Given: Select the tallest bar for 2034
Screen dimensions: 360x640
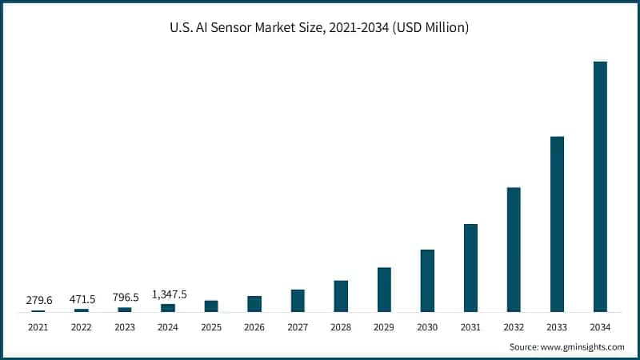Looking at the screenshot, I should tap(600, 186).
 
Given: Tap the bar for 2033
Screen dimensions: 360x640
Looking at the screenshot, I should tap(557, 224).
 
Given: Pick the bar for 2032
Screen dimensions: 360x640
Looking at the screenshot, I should tap(514, 250).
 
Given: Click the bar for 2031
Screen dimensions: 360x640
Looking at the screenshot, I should tap(470, 268).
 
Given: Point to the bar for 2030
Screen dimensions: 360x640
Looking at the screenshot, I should tap(427, 281).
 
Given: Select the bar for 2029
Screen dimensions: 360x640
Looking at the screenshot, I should tap(384, 290).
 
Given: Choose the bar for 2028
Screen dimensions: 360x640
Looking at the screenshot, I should tap(341, 296).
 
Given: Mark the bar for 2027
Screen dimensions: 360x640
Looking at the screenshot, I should tap(298, 301).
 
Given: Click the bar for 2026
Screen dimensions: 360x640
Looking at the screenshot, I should tap(254, 304).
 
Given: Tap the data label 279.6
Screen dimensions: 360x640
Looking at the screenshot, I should tap(38, 300).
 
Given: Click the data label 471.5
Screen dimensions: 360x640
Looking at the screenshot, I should tap(82, 299).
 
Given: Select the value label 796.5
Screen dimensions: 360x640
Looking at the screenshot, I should tap(125, 298).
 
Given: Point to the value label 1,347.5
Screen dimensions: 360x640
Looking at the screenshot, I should tap(170, 294).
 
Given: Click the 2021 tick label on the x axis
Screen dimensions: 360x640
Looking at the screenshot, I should tap(38, 327).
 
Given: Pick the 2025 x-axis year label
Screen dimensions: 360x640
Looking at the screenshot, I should tap(211, 327).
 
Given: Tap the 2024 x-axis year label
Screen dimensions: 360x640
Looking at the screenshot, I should tap(168, 327).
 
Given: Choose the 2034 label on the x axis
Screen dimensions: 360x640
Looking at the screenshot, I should tap(600, 327).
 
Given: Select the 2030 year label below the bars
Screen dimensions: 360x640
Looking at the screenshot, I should tap(427, 327).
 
